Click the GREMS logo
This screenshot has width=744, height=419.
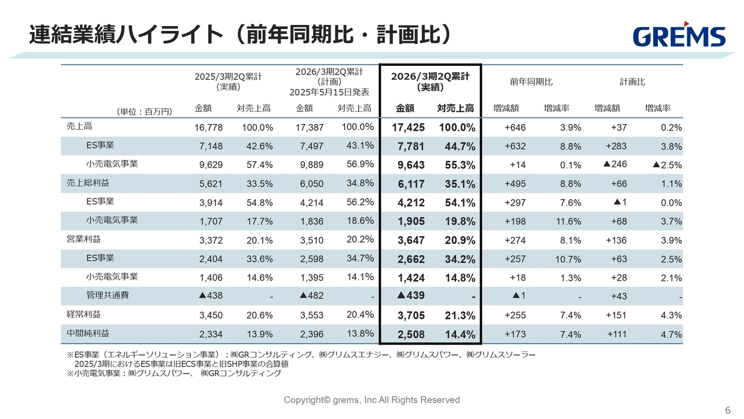coord(679,35)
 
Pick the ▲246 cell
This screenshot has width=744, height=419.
coord(615,165)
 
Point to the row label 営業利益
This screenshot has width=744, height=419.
coord(80,239)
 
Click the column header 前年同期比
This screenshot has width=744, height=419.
coord(531,82)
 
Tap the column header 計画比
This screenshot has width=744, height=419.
coord(632,82)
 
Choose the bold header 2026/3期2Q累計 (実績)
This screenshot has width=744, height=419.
coord(430,82)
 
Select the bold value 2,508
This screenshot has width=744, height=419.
coord(412,335)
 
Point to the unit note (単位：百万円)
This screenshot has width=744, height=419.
coord(144,111)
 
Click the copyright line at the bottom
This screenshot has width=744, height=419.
coord(371,400)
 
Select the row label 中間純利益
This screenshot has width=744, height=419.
coord(88,333)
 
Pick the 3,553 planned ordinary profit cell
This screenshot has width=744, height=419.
coord(311,315)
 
